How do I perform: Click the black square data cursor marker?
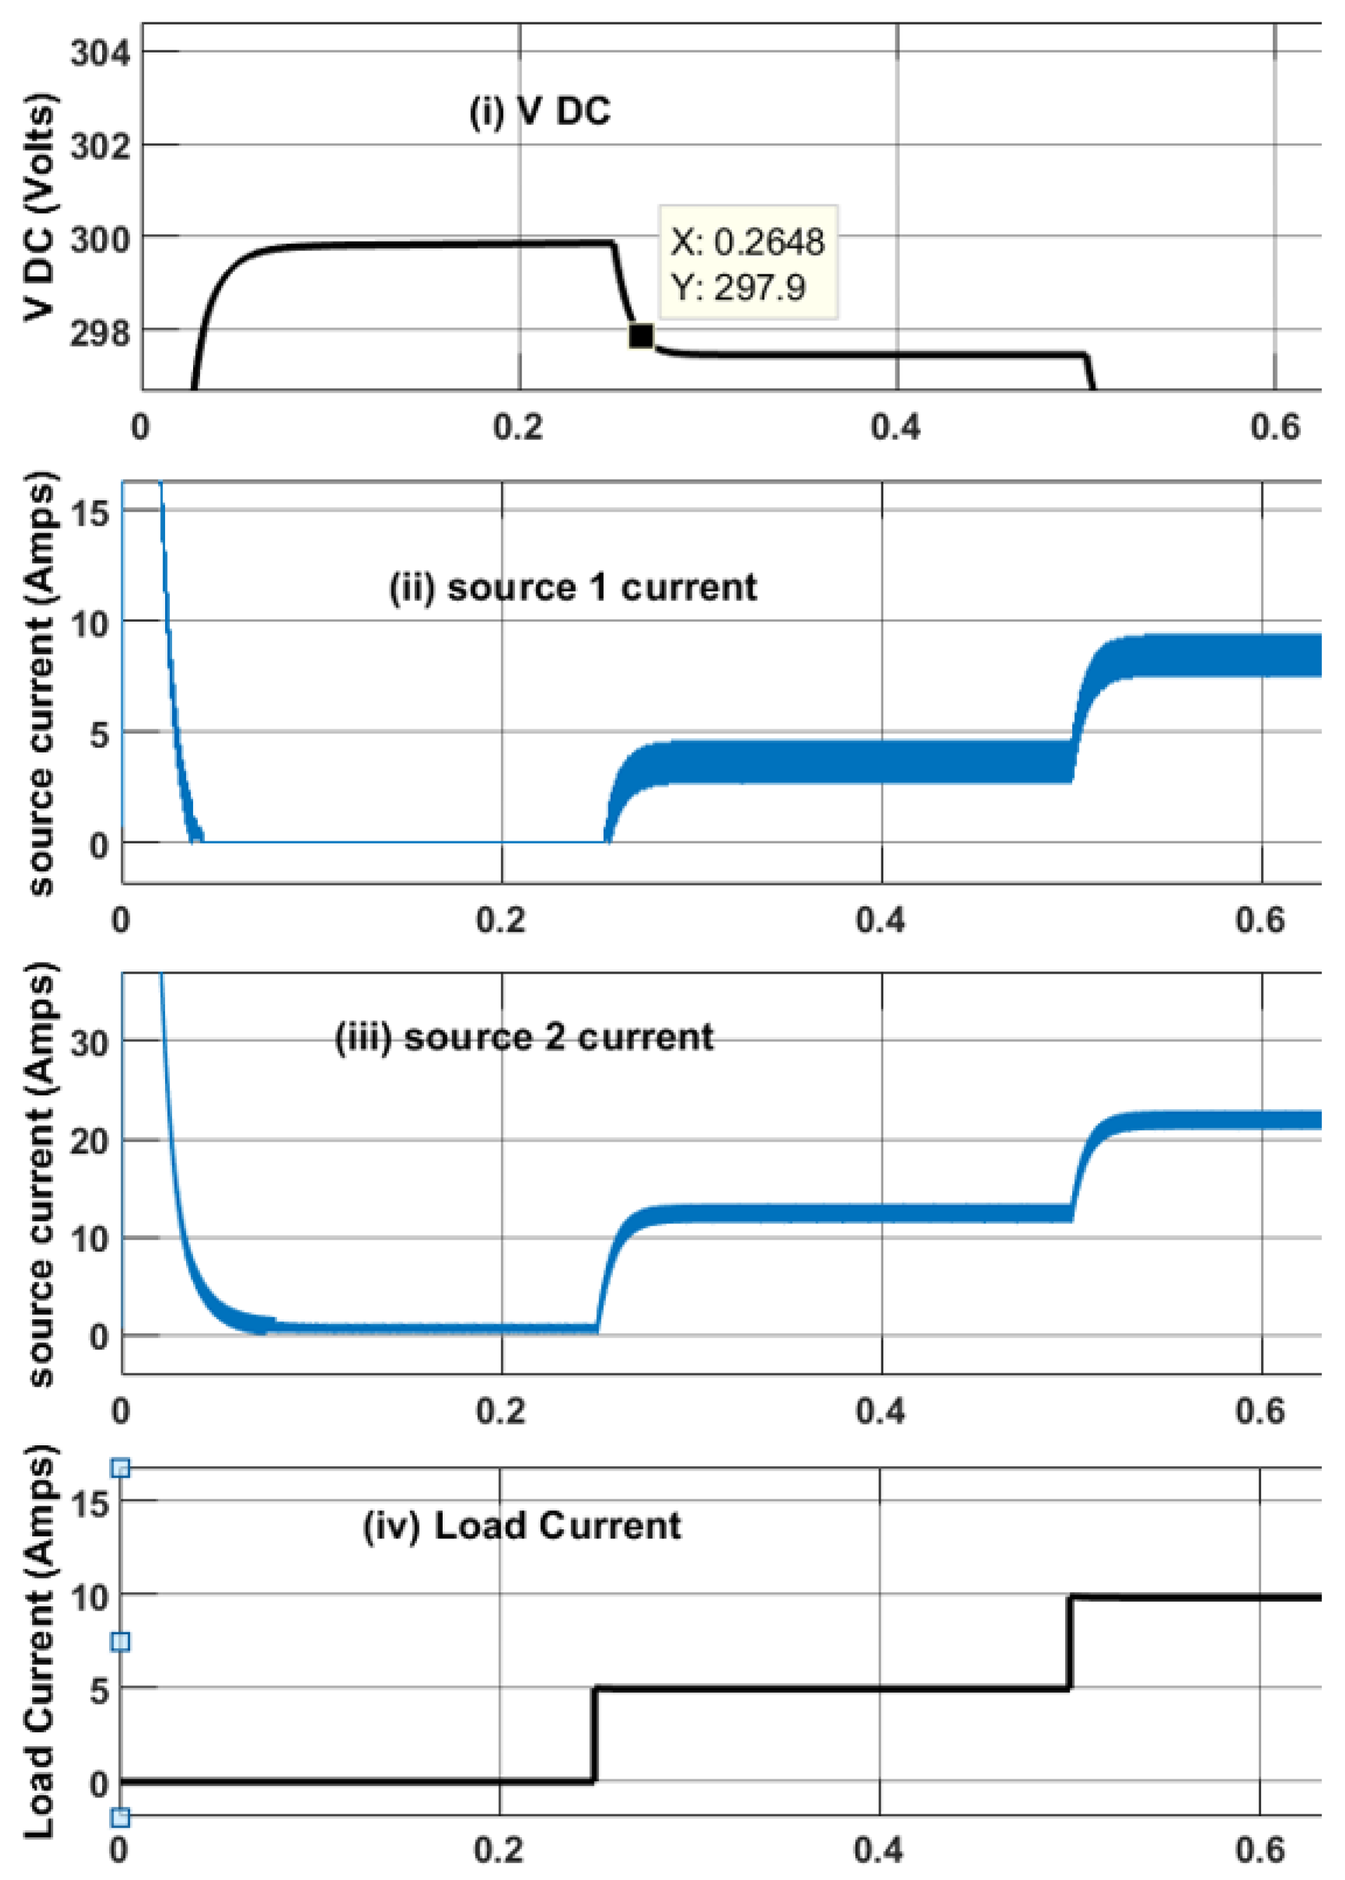(640, 335)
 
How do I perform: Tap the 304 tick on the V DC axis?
(100, 53)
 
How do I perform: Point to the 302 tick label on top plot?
(100, 147)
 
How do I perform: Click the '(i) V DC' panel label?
(540, 110)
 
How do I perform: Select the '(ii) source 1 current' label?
(573, 587)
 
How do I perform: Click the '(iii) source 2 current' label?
(523, 1037)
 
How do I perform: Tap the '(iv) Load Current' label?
(522, 1525)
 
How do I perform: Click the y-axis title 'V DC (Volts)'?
(39, 207)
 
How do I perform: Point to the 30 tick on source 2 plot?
(90, 1042)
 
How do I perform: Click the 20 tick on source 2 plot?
(90, 1141)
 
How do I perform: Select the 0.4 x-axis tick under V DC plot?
(896, 427)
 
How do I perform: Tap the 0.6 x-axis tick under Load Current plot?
(1260, 1850)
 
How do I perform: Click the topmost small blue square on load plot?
(120, 1469)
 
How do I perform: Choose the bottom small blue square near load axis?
(120, 1817)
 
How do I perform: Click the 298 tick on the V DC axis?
(100, 332)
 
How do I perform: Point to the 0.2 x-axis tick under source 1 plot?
(500, 920)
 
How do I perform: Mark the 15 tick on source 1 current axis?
(90, 513)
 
